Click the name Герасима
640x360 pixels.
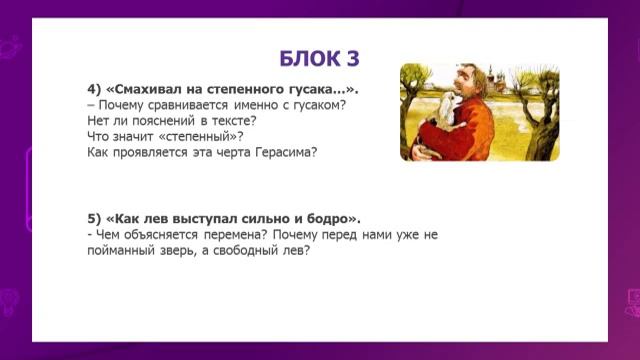[283, 152]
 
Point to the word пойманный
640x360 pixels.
[128, 250]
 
